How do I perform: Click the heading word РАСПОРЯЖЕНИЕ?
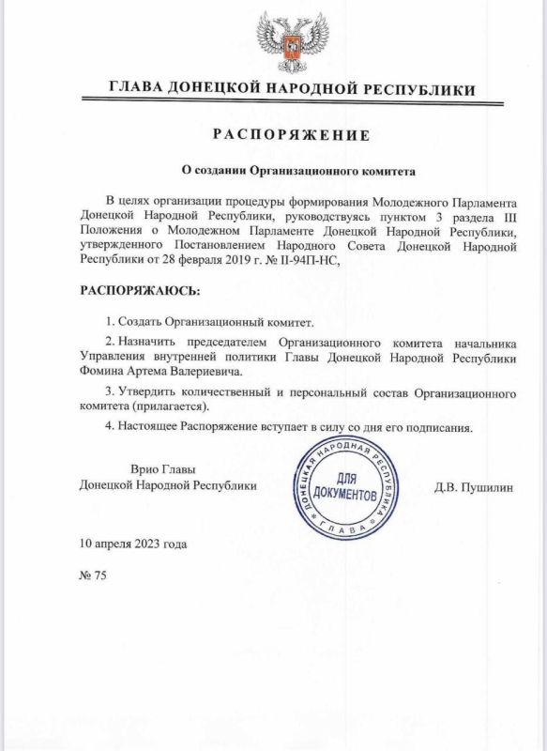pos(291,135)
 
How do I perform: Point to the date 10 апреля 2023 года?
pos(133,544)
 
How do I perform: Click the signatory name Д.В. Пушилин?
pos(475,488)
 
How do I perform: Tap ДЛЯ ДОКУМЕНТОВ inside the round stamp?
pos(344,487)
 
